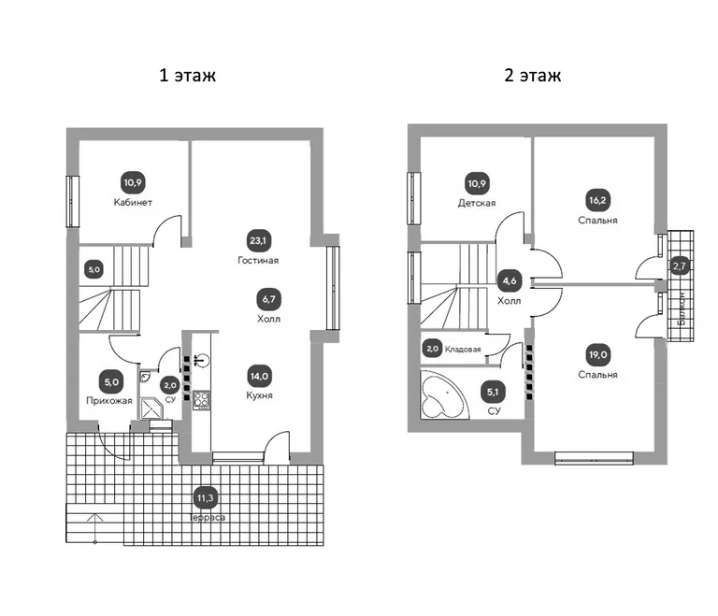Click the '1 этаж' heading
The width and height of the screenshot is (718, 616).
[x=187, y=75]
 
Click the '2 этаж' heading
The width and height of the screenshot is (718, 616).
[x=533, y=75]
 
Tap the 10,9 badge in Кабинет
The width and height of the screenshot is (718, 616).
[x=133, y=182]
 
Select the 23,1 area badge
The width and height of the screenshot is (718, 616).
[x=258, y=240]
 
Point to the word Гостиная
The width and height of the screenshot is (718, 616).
[x=258, y=260]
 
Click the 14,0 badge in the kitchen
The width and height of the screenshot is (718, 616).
[x=259, y=377]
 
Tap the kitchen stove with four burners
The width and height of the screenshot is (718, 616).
[x=202, y=399]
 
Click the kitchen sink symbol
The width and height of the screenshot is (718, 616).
[x=202, y=361]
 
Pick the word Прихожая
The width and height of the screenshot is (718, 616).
[x=109, y=401]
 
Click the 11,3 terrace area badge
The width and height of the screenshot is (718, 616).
[x=205, y=498]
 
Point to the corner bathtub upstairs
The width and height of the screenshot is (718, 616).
[x=439, y=394]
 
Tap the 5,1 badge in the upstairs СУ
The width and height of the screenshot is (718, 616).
[x=493, y=392]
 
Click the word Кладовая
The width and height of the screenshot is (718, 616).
[x=463, y=350]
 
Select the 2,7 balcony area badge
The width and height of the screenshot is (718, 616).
[x=680, y=266]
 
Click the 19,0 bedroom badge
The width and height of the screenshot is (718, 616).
[x=598, y=354]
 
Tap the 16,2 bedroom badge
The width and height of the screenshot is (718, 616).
[x=597, y=200]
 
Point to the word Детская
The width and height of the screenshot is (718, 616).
[x=477, y=203]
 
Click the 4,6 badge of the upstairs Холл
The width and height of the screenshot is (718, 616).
[x=510, y=280]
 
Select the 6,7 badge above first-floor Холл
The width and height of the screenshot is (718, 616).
[x=269, y=299]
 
